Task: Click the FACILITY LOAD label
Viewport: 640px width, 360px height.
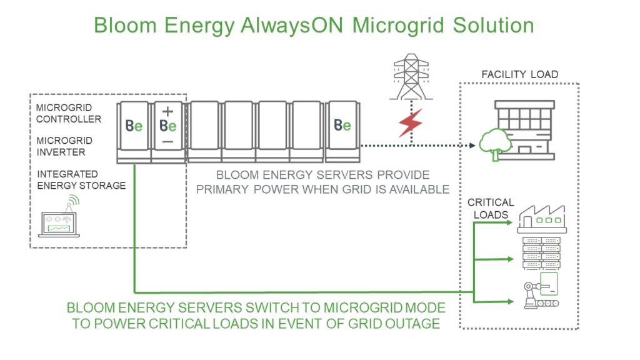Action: click(x=519, y=74)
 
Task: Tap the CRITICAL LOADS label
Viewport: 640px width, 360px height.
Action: click(x=491, y=208)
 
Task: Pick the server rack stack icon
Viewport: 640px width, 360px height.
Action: click(x=541, y=252)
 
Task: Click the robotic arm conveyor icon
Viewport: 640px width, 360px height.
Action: click(x=539, y=291)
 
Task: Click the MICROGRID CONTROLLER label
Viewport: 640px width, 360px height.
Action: click(x=68, y=114)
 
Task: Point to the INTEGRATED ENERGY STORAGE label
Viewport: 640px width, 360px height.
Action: click(x=81, y=179)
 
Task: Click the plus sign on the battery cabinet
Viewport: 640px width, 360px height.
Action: click(x=167, y=111)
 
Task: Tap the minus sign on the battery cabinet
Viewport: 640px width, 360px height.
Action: click(x=167, y=142)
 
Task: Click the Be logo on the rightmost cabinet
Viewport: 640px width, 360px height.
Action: click(x=342, y=126)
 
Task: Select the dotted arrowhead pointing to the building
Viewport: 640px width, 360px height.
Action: click(x=472, y=146)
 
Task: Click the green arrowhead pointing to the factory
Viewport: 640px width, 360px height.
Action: click(x=514, y=223)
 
